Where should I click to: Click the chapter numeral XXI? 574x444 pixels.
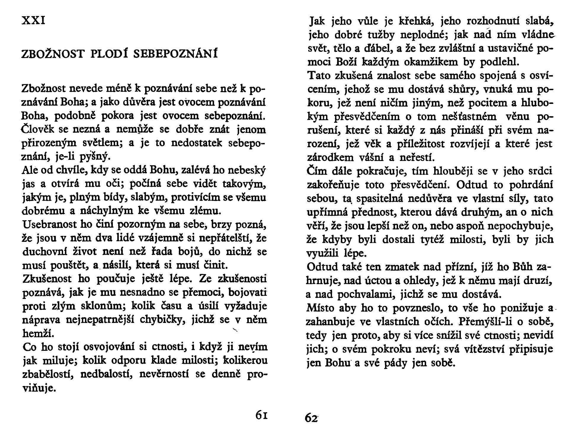pos(33,21)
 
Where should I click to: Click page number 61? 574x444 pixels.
pos(262,416)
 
